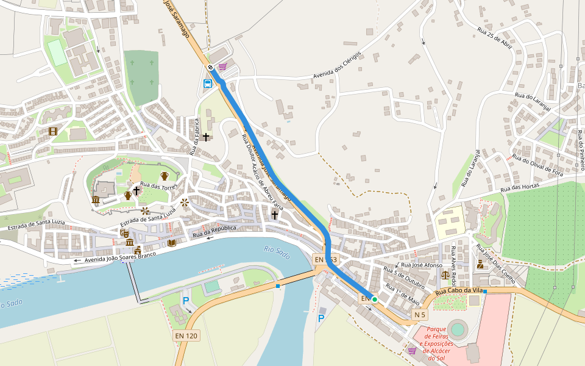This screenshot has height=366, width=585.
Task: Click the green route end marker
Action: tap(374, 300)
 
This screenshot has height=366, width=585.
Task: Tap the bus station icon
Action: tap(208, 83)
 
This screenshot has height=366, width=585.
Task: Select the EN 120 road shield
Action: tap(186, 335)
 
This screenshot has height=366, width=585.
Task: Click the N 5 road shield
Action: tap(420, 315)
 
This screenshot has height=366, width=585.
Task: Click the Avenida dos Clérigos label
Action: tap(337, 65)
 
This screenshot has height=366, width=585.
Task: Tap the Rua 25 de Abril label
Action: tap(494, 38)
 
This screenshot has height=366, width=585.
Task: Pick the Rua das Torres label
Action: tap(158, 185)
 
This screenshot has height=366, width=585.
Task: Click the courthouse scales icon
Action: tap(444, 274)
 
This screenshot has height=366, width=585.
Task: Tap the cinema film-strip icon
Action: tap(53, 131)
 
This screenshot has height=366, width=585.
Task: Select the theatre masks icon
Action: tap(124, 233)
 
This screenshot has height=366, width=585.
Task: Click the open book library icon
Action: tap(172, 243)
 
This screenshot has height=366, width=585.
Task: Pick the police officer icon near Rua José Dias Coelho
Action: tap(480, 264)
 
